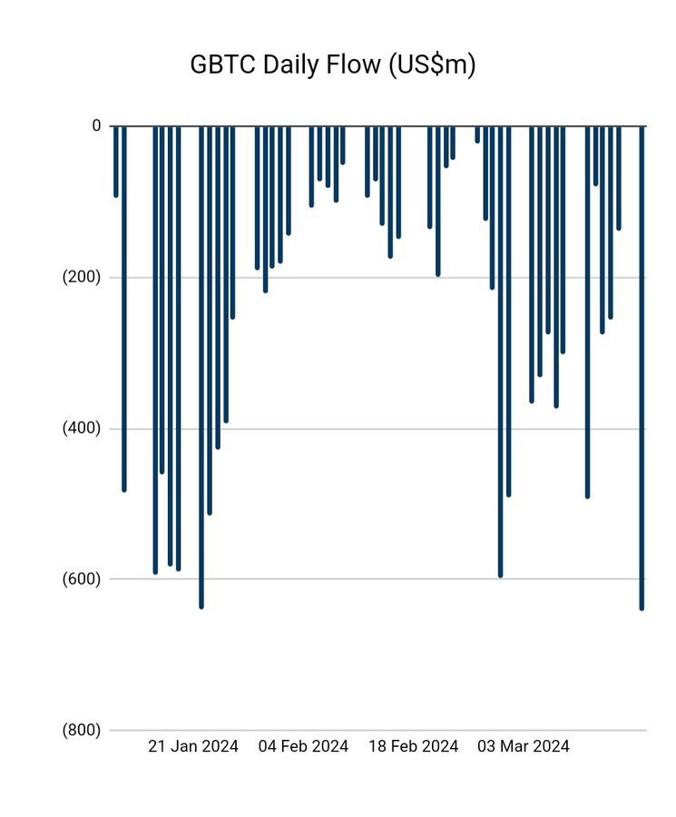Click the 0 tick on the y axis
(x=96, y=126)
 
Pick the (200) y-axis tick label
(x=82, y=278)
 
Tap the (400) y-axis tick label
(x=82, y=428)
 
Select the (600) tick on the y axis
(x=82, y=579)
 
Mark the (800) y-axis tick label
(x=82, y=730)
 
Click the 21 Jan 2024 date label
(x=193, y=747)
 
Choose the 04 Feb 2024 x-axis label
(x=303, y=747)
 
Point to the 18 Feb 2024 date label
(x=414, y=747)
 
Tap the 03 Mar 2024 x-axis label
(x=524, y=747)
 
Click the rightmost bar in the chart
(x=642, y=363)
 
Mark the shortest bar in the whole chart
(x=477, y=134)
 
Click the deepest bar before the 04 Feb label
(x=201, y=363)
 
